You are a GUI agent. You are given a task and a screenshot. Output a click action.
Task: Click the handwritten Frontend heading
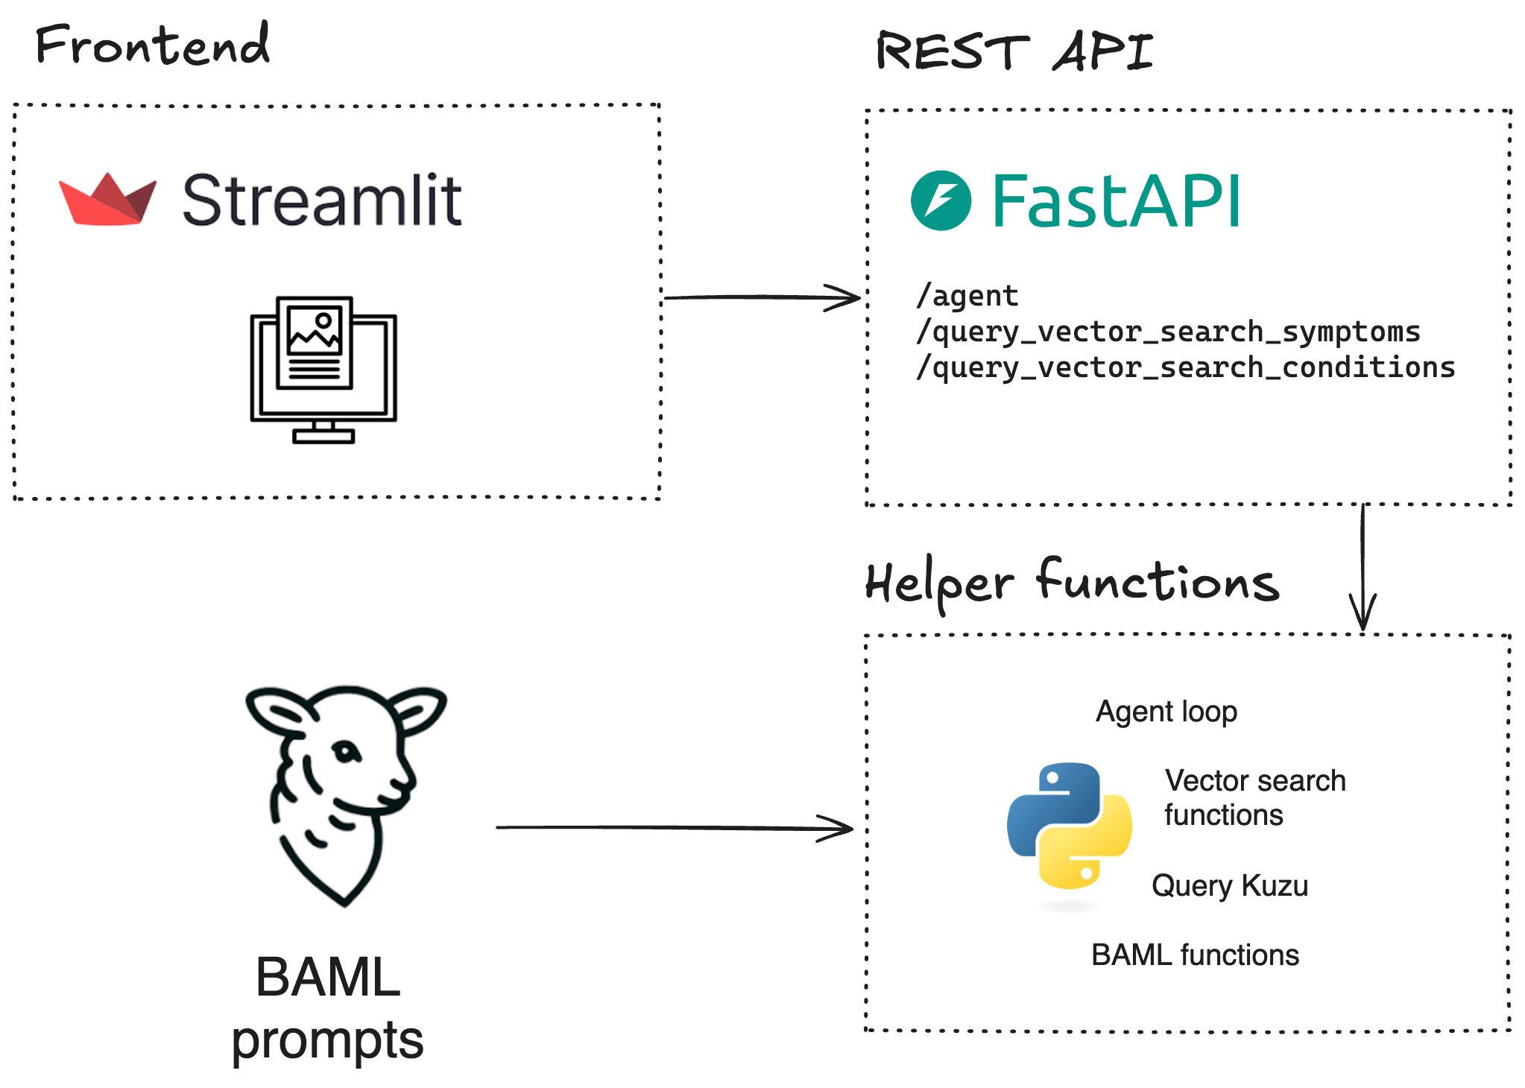coord(153,45)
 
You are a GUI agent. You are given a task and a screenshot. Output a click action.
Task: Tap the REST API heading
coord(1014,52)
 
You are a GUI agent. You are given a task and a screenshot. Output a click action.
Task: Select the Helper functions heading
coord(1071,583)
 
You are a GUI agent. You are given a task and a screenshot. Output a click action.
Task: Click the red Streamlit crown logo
coord(108,200)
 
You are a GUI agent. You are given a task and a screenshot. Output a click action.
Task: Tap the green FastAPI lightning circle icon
coord(941,200)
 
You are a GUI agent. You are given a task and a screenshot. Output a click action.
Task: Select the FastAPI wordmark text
coord(1116,201)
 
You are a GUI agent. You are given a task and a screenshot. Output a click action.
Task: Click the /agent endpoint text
coord(967,296)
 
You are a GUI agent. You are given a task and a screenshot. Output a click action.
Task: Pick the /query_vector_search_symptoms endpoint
coord(1168,332)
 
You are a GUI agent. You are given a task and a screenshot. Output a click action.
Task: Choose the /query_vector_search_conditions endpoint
coord(1185,367)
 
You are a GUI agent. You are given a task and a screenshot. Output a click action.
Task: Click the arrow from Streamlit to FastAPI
coord(760,297)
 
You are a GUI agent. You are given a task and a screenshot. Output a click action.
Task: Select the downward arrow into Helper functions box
coord(1363,566)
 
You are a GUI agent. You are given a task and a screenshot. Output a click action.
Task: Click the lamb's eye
coord(346,750)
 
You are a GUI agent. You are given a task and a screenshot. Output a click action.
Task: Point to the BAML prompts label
coord(327,1008)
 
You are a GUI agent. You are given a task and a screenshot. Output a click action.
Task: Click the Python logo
coord(1070,825)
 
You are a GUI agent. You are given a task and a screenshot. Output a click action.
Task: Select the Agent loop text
coord(1166,712)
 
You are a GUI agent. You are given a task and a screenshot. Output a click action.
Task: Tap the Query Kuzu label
coord(1229,886)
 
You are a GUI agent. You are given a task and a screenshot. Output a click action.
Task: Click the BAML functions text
coord(1195,955)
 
